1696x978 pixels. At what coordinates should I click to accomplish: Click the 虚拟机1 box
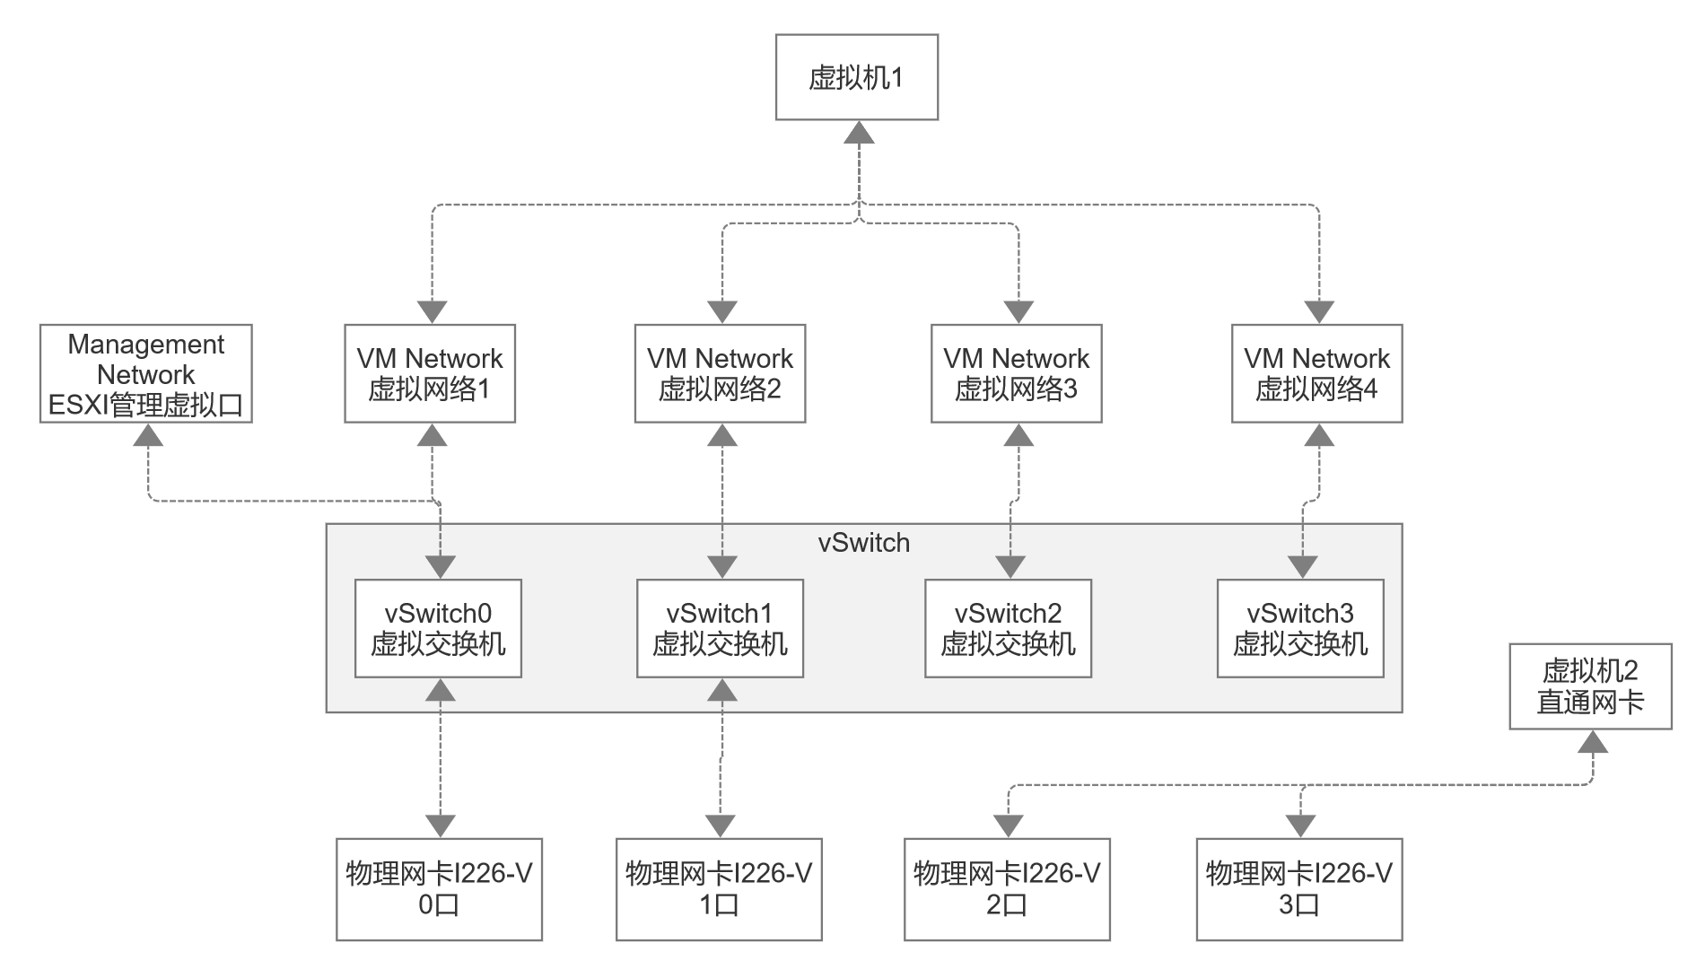pyautogui.click(x=856, y=77)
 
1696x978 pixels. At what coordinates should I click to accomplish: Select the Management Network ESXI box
pyautogui.click(x=146, y=374)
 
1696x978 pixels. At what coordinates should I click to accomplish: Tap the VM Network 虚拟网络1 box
pyautogui.click(x=430, y=373)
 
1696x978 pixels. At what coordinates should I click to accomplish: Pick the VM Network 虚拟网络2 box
pyautogui.click(x=720, y=373)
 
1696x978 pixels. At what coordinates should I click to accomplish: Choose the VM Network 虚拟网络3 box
pyautogui.click(x=1016, y=373)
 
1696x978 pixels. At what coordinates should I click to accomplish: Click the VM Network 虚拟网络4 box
pyautogui.click(x=1316, y=373)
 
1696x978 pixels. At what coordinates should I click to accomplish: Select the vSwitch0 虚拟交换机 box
pyautogui.click(x=438, y=628)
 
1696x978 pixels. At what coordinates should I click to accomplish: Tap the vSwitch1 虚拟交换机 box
pyautogui.click(x=720, y=628)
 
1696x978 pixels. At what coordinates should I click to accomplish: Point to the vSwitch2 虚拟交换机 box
pyautogui.click(x=1008, y=628)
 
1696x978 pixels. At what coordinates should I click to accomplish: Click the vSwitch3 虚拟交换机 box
pyautogui.click(x=1300, y=628)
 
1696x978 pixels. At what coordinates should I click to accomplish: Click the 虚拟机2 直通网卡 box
pyautogui.click(x=1590, y=686)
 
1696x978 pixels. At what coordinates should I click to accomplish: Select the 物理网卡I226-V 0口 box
pyautogui.click(x=439, y=889)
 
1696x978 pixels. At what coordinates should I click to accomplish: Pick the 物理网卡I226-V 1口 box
pyautogui.click(x=719, y=889)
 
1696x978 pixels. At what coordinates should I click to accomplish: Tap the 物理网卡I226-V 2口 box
pyautogui.click(x=1007, y=889)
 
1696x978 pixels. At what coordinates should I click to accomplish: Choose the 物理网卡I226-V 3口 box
pyautogui.click(x=1298, y=889)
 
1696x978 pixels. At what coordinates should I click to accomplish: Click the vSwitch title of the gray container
pyautogui.click(x=863, y=543)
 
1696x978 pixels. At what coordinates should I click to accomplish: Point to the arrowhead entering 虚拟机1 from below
pyautogui.click(x=860, y=133)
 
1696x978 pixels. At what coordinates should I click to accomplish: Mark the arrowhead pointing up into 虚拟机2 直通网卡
pyautogui.click(x=1593, y=742)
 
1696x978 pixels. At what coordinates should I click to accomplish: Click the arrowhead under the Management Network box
pyautogui.click(x=149, y=435)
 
